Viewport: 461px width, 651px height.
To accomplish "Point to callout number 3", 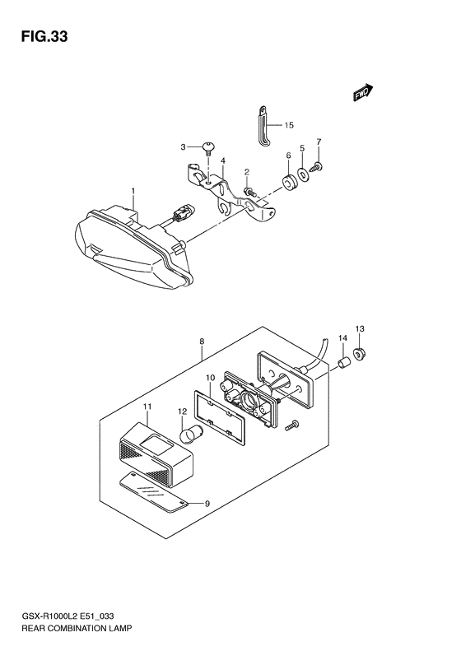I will (184, 148).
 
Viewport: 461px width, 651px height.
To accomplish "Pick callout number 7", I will (319, 142).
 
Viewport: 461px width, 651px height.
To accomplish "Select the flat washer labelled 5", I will (303, 174).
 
